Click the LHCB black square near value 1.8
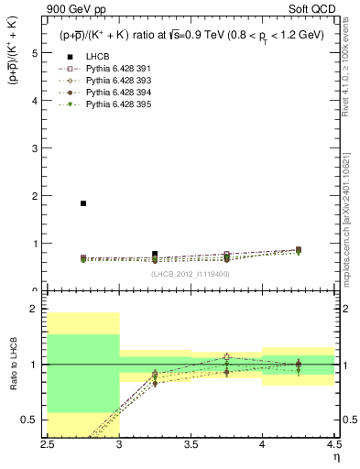tap(83, 203)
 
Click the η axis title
tap(336, 455)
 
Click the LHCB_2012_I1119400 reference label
tap(191, 273)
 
